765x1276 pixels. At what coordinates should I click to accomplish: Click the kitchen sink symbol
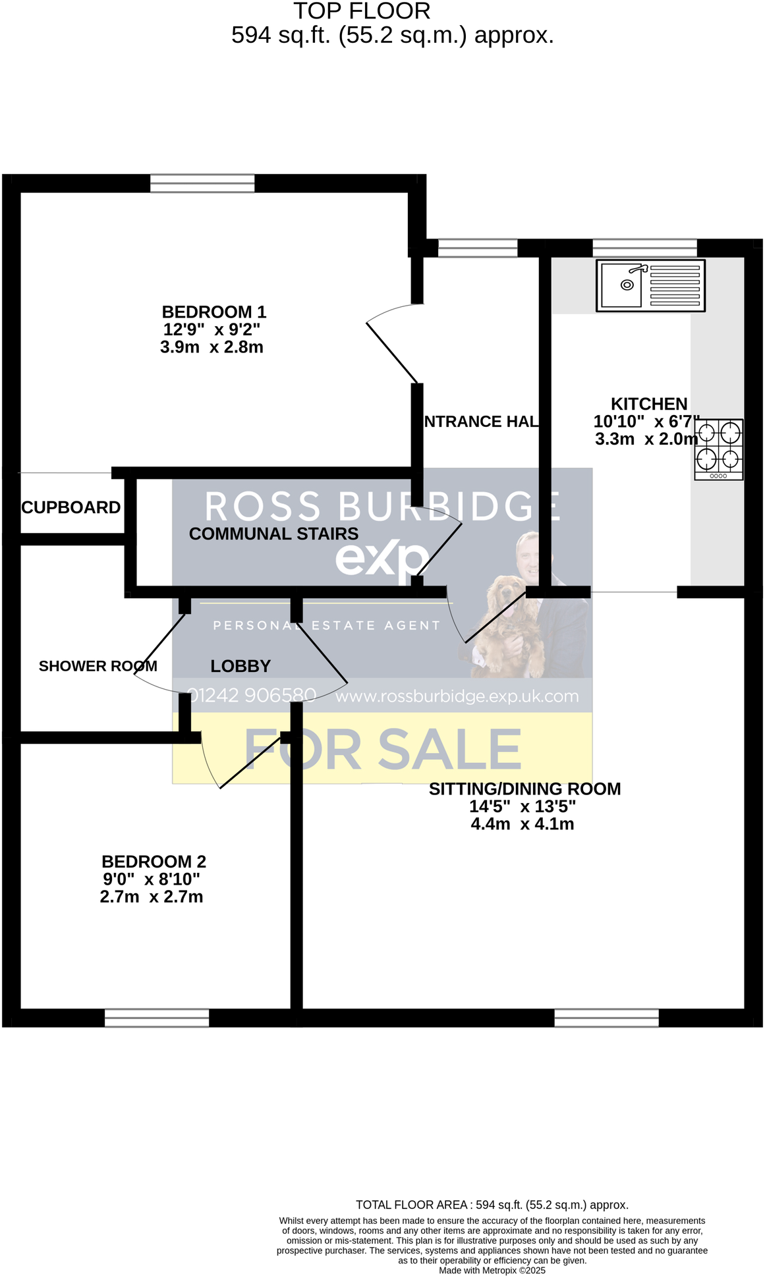(650, 285)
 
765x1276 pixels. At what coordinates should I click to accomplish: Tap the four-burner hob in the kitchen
(719, 449)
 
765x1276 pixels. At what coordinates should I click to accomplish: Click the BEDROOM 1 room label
(214, 312)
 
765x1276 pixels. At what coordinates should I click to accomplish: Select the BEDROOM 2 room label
(154, 861)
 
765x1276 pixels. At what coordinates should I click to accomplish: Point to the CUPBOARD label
(71, 507)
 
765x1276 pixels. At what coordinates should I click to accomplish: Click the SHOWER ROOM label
(98, 666)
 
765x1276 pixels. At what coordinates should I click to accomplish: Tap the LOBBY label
(241, 666)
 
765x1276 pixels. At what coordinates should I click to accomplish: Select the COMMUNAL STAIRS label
(273, 534)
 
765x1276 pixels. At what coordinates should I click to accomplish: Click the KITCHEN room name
(649, 404)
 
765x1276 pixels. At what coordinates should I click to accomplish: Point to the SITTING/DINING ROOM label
(524, 789)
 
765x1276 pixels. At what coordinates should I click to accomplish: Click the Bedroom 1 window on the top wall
(202, 183)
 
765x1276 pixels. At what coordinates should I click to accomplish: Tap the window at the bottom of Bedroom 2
(157, 1017)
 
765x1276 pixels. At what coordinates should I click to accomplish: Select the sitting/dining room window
(606, 1017)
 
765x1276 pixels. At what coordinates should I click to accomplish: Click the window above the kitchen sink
(644, 248)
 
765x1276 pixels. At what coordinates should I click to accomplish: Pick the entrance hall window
(478, 248)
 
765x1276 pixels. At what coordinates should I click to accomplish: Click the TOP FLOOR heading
(362, 11)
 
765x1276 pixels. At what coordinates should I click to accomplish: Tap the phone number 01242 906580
(252, 695)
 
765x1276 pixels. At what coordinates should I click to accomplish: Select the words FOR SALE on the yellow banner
(383, 749)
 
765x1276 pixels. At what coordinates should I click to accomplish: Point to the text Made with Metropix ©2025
(492, 1270)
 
